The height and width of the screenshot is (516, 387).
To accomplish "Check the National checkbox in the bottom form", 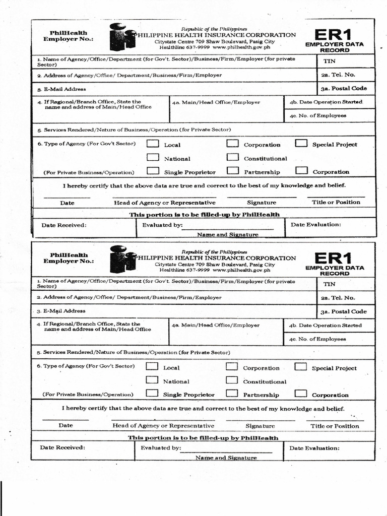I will click(152, 380).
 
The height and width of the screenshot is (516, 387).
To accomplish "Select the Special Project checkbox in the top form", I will click(301, 143).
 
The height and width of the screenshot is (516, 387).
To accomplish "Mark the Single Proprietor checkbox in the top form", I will click(153, 171).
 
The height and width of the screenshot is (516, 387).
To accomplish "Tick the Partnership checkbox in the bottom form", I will click(232, 394).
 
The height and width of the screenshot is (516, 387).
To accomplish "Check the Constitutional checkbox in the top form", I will click(232, 157).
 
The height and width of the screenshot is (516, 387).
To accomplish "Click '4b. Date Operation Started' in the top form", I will click(326, 102).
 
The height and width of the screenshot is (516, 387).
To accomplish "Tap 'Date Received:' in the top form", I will click(63, 225).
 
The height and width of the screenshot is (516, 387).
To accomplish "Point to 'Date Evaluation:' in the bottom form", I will click(314, 447).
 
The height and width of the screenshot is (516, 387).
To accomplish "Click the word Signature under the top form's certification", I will click(262, 203).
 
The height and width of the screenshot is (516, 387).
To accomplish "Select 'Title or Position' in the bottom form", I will click(335, 426).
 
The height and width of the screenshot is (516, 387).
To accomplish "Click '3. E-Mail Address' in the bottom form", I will click(60, 311).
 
